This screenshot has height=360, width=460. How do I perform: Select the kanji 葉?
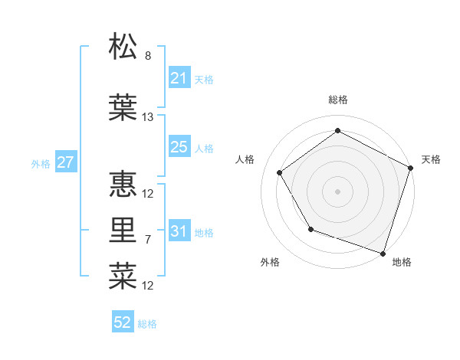[x=123, y=107]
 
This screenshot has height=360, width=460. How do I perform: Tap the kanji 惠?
[x=123, y=184]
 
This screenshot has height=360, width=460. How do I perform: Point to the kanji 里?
[x=123, y=230]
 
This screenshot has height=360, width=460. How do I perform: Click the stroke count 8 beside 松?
[x=148, y=56]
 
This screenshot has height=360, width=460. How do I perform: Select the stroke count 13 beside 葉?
[x=148, y=117]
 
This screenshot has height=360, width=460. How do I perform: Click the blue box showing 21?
[x=179, y=78]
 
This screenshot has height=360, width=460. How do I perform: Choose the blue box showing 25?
[x=179, y=147]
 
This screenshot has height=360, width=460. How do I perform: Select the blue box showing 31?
[x=179, y=231]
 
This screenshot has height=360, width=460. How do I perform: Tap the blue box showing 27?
[x=66, y=162]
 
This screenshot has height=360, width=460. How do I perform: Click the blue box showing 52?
[x=123, y=322]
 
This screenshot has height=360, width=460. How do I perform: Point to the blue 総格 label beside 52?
[x=148, y=324]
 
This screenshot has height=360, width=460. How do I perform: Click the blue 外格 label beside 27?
[x=41, y=163]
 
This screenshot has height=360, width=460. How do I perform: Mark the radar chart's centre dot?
[x=337, y=191]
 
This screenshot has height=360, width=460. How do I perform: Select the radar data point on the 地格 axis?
[x=383, y=252]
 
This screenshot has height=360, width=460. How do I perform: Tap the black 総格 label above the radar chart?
[x=338, y=100]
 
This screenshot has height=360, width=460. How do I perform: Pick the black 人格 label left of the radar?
[x=245, y=159]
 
